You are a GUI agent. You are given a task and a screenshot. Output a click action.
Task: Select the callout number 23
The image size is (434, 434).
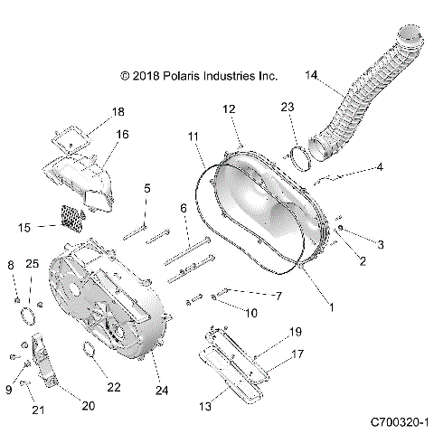click(288, 107)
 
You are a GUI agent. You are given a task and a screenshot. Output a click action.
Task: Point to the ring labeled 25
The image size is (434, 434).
click(29, 316)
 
